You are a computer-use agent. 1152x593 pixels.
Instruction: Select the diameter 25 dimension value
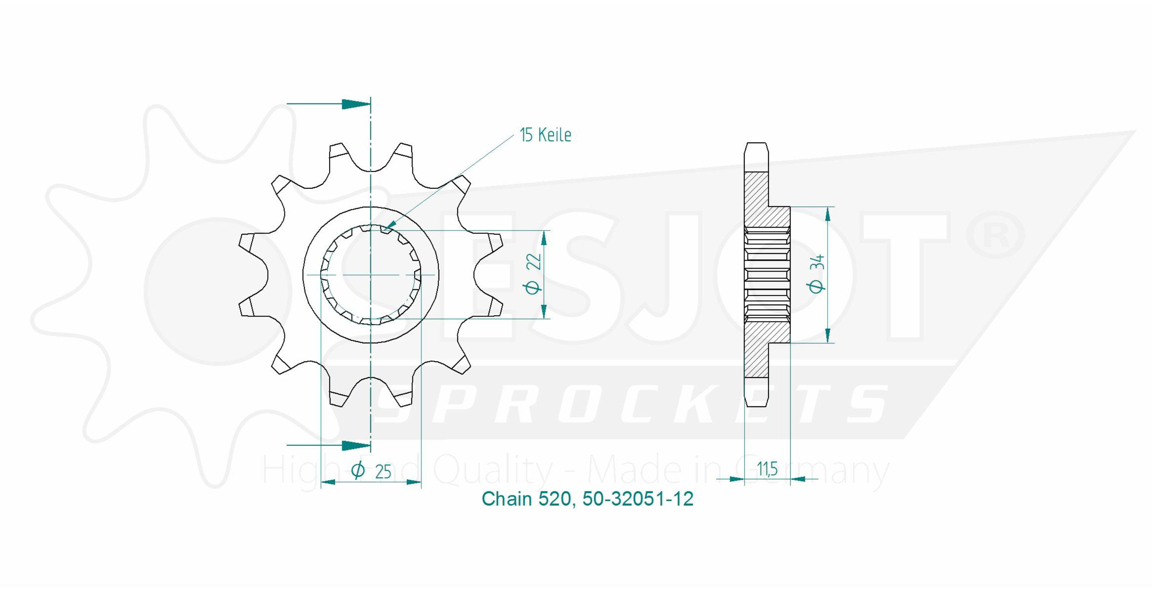[x=383, y=472]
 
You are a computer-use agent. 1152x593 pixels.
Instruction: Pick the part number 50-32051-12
[x=638, y=499]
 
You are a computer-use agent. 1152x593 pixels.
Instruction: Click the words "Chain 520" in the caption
[x=526, y=499]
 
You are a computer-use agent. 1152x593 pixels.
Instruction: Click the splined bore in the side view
[x=767, y=275]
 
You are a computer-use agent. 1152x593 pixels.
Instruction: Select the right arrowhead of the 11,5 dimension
[x=798, y=479]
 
